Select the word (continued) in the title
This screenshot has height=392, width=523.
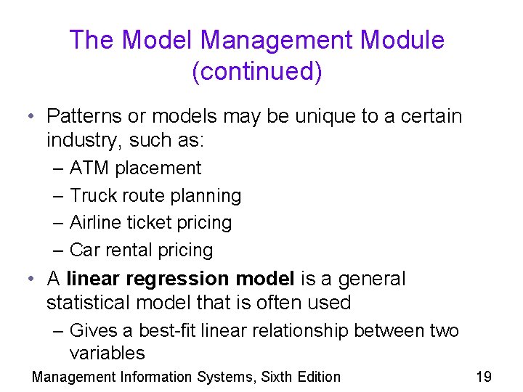click(256, 72)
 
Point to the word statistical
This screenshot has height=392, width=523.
click(91, 303)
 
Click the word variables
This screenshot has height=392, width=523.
click(107, 354)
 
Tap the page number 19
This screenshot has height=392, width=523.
click(483, 377)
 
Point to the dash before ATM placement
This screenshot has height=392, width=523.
click(59, 168)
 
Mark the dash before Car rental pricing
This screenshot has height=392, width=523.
click(59, 250)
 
